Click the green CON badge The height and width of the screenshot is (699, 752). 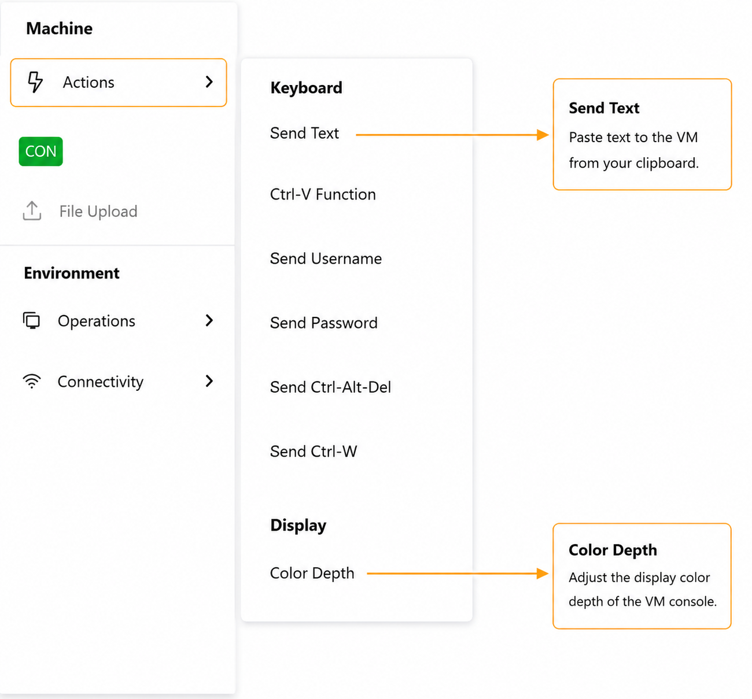[x=40, y=151]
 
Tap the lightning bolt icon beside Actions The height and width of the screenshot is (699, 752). [x=35, y=82]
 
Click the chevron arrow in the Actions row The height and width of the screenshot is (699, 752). [x=209, y=82]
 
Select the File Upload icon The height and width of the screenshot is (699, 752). [x=32, y=210]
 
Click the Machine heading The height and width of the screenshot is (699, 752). [x=59, y=28]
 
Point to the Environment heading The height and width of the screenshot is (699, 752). [x=72, y=273]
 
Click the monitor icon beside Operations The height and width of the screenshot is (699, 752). [x=31, y=320]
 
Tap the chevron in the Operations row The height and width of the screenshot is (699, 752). [x=209, y=320]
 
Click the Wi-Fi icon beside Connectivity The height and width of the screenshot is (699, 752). [x=32, y=381]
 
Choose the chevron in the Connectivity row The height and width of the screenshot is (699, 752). [x=209, y=381]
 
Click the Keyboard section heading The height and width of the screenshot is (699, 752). [x=306, y=88]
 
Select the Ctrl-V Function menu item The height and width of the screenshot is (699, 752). [x=323, y=194]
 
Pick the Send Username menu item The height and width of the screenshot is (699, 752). [x=326, y=259]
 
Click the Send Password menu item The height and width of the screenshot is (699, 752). [x=324, y=323]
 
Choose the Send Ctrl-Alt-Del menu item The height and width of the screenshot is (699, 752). [x=330, y=387]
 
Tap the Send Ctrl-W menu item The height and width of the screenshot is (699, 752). [x=313, y=452]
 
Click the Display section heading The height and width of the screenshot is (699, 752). [x=298, y=526]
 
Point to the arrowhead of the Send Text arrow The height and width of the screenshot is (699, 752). [x=548, y=135]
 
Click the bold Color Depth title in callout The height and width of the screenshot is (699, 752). [x=613, y=550]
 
